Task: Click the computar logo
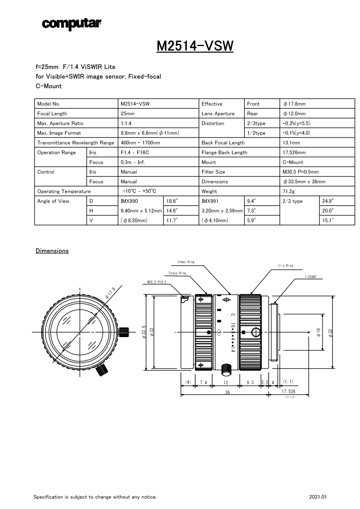tap(71, 24)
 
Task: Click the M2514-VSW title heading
tap(195, 46)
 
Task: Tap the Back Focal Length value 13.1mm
tap(291, 143)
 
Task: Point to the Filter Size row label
tap(214, 172)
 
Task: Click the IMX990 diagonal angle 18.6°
tap(172, 201)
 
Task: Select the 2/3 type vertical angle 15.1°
tap(328, 220)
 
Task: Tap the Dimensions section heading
tap(52, 251)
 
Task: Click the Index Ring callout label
tap(186, 262)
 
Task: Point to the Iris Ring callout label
tap(285, 266)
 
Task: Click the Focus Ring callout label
tap(177, 273)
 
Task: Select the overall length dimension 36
tap(227, 393)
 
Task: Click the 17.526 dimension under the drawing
tap(289, 391)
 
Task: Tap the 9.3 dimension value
tap(250, 383)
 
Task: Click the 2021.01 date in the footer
tap(318, 497)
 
